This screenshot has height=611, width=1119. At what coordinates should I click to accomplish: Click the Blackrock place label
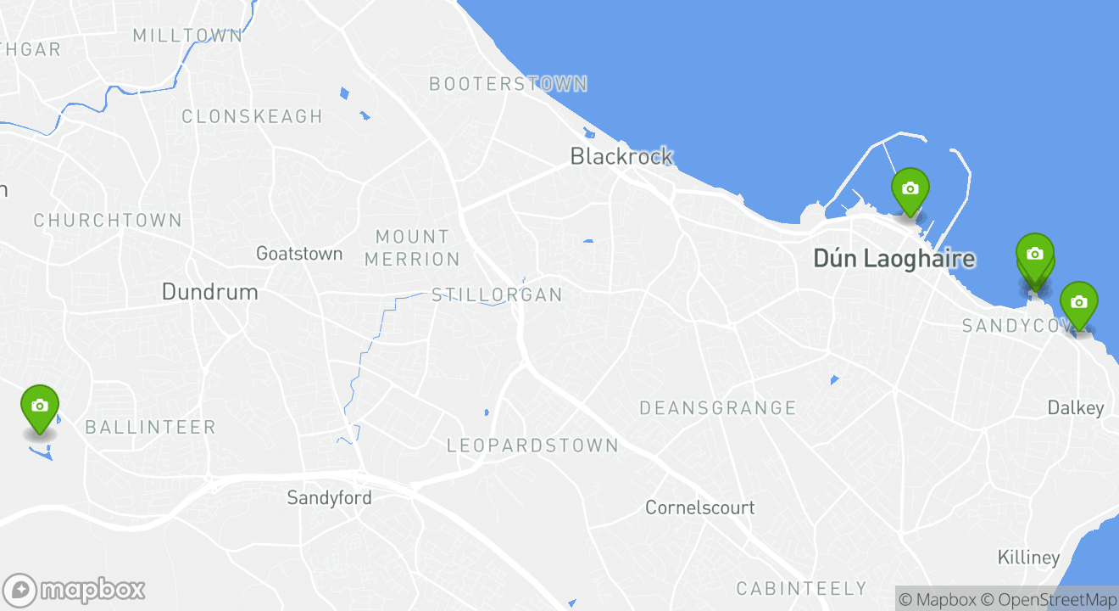[x=621, y=156]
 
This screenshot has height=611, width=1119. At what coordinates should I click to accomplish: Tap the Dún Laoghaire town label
[x=894, y=258]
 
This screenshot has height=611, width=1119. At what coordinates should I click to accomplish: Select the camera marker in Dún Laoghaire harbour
[x=910, y=189]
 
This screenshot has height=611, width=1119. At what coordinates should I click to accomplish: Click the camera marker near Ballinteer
[x=39, y=406]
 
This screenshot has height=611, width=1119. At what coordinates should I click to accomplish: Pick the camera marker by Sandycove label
[x=1078, y=303]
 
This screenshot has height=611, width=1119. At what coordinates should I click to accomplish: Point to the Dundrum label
[x=209, y=292]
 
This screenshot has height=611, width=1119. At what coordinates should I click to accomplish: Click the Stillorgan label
[x=497, y=295]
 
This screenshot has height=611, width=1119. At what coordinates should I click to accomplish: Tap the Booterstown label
[x=508, y=84]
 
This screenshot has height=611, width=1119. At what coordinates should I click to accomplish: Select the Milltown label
[x=187, y=36]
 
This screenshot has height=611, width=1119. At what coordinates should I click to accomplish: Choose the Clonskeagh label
[x=252, y=116]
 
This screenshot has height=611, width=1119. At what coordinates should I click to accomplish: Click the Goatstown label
[x=299, y=253]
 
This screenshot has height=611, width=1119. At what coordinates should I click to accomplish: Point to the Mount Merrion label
[x=412, y=248]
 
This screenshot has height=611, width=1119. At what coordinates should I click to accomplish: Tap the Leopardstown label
[x=532, y=446]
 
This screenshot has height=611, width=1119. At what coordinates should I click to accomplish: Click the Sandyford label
[x=329, y=497]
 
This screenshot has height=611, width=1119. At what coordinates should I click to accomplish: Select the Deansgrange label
[x=717, y=408]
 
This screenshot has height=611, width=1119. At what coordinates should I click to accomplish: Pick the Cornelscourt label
[x=699, y=507]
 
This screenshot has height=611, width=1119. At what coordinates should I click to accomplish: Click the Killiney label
[x=1028, y=558]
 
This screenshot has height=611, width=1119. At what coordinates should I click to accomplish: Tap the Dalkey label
[x=1075, y=408]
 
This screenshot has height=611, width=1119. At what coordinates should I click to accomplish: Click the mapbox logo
[x=75, y=590]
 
